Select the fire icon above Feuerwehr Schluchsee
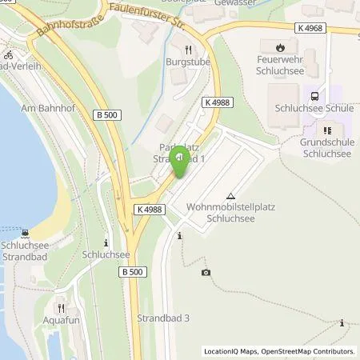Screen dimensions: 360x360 (x=279, y=46)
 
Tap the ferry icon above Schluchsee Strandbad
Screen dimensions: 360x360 (x=26, y=234)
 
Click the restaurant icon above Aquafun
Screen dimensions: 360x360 (x=60, y=307)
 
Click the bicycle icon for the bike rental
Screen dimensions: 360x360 (x=9, y=55)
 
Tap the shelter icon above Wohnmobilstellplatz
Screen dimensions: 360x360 (x=231, y=194)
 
